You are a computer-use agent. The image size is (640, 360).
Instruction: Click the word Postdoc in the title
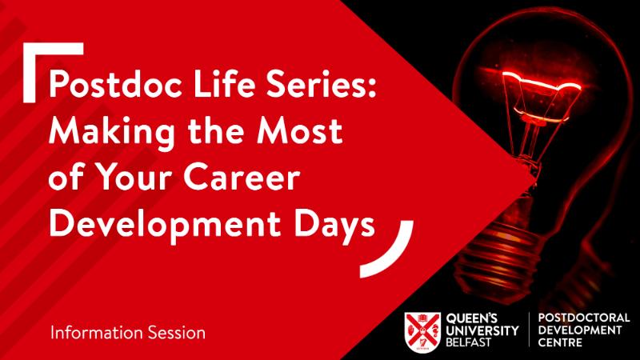tap(115, 84)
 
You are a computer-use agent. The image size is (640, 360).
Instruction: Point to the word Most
tap(299, 130)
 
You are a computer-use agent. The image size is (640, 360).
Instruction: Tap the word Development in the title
tap(165, 226)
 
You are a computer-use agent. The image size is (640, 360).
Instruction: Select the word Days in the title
tap(334, 226)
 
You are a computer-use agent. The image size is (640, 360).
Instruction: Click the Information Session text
tap(128, 333)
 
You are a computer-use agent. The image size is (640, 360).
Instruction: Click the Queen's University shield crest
tap(422, 332)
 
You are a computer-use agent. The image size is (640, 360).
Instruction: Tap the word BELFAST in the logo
tap(468, 342)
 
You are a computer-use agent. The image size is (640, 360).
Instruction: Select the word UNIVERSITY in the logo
tap(482, 330)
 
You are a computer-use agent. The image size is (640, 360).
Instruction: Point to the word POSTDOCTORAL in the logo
tap(584, 318)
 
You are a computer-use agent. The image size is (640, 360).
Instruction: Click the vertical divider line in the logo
tap(529, 330)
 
